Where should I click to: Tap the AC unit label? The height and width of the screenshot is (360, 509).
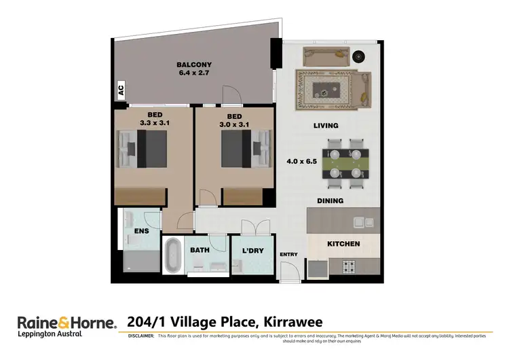coord(121,88)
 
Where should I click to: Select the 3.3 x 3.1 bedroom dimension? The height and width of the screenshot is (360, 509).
coord(154,123)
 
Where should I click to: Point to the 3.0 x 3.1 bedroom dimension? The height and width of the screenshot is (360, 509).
coord(234,123)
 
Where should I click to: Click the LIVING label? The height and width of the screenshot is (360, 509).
coord(325,126)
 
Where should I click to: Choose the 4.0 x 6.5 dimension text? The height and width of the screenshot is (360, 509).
coord(302,162)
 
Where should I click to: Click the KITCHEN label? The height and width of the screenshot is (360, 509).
coord(343,243)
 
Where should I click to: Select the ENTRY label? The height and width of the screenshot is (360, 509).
coord(288,254)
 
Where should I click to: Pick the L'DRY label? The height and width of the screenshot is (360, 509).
coord(252,251)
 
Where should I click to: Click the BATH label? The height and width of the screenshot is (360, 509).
coord(200,250)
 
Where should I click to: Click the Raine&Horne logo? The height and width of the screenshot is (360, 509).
coord(67,321)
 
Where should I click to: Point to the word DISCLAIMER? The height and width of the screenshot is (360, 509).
coord(141,336)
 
